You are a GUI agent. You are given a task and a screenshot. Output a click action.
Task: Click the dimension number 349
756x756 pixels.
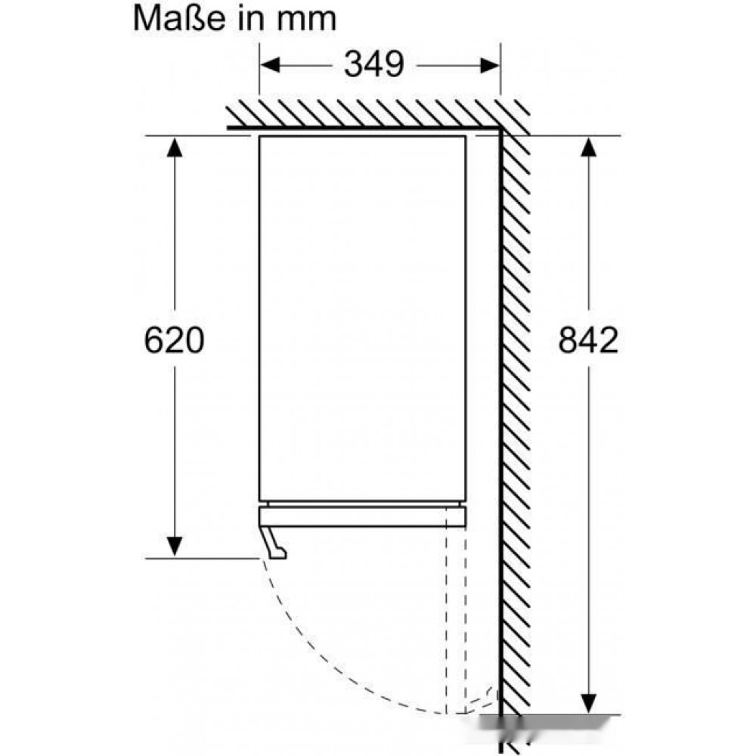(373, 64)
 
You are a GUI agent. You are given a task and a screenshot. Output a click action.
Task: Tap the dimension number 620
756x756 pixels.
(174, 340)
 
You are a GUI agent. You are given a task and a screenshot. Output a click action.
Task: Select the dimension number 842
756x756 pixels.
(587, 340)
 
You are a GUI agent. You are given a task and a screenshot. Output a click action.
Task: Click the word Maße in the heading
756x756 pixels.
(179, 18)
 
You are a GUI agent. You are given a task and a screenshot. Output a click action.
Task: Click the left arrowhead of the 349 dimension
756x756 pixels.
(270, 65)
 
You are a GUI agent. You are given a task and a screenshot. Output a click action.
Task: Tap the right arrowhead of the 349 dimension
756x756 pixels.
(490, 65)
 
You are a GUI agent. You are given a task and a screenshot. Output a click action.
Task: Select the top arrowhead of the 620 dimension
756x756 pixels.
(174, 147)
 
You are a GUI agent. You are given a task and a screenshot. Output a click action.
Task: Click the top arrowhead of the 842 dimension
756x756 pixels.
(588, 147)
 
